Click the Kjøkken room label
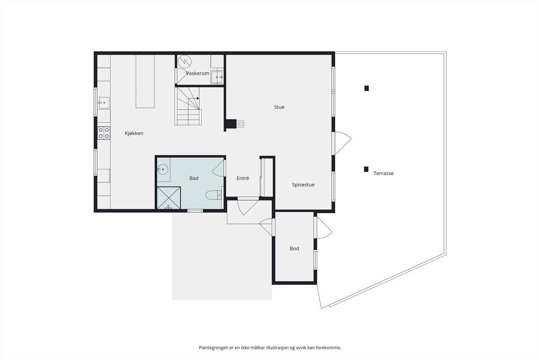click(x=134, y=133)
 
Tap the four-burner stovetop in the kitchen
click(x=104, y=133)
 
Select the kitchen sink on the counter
click(x=104, y=102)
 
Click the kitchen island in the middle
click(x=145, y=81)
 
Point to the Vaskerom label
click(x=197, y=73)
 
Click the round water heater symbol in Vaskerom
click(x=185, y=61)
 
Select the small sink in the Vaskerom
click(x=217, y=77)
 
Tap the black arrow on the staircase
click(x=198, y=99)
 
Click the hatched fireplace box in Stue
click(x=240, y=124)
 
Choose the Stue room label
click(x=279, y=107)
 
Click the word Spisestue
click(x=303, y=185)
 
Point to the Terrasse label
click(x=383, y=173)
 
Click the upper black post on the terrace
click(x=367, y=88)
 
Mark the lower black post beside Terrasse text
click(x=366, y=169)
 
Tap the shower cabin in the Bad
click(x=169, y=198)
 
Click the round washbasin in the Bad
click(x=163, y=168)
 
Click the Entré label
click(x=243, y=178)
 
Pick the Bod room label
click(x=294, y=248)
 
